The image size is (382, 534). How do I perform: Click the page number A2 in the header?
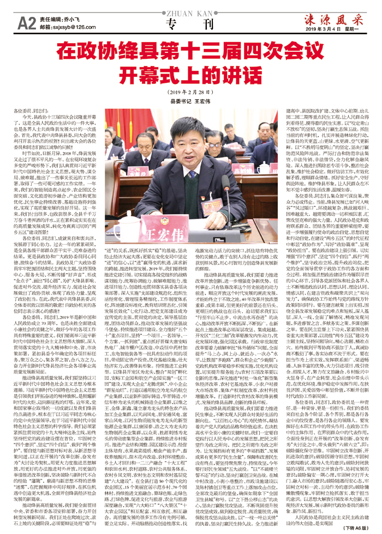[27, 22]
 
